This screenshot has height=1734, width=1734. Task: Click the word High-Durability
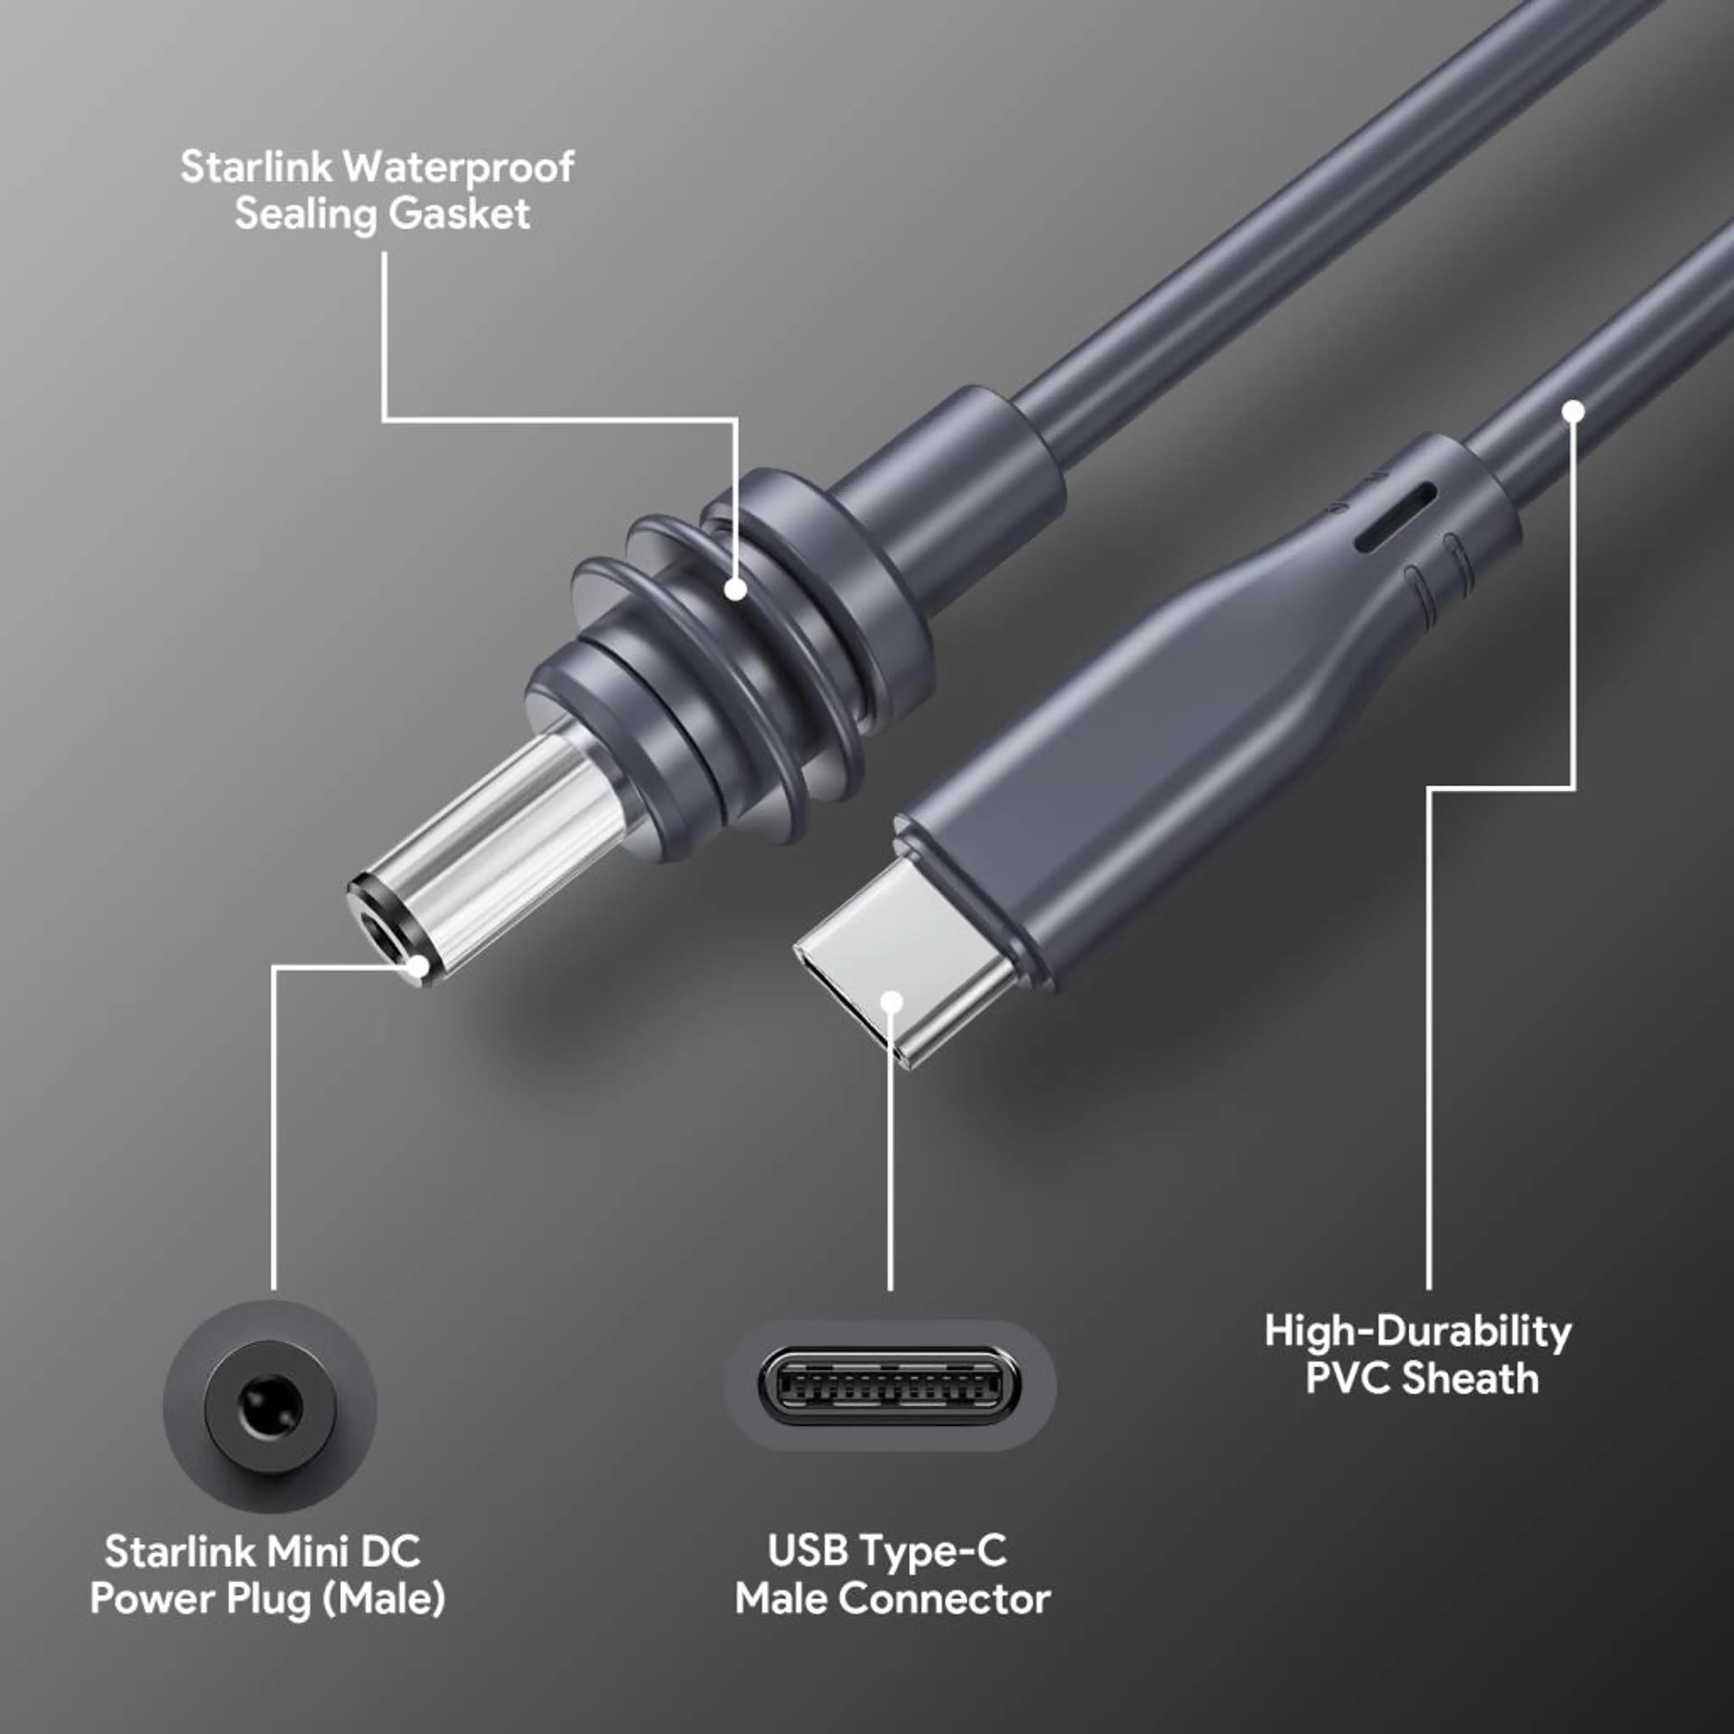[1418, 1331]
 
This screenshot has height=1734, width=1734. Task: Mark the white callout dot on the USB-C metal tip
[891, 1002]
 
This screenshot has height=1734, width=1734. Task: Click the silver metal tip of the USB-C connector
[906, 970]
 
